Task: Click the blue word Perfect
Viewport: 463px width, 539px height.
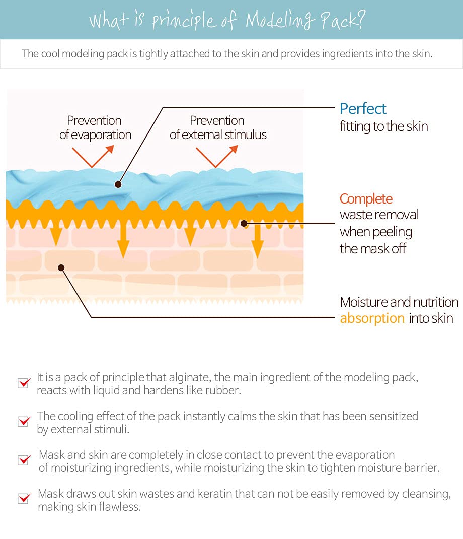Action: coord(363,108)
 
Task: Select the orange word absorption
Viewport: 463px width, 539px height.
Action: coord(372,318)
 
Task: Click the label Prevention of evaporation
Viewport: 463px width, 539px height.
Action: coord(95,127)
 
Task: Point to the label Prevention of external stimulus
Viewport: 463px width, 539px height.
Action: coord(217,127)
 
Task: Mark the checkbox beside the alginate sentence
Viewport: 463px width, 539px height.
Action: coord(24,383)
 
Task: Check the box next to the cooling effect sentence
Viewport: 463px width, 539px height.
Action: coord(24,421)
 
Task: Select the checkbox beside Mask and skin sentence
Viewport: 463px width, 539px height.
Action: coord(24,460)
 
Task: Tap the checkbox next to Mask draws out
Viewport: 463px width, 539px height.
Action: coord(24,499)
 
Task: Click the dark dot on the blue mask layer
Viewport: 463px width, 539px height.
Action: coord(118,184)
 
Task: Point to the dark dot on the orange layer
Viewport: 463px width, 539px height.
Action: coord(244,222)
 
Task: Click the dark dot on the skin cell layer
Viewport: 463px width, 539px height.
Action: coord(61,267)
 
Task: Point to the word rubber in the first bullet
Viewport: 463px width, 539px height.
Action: coord(227,391)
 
